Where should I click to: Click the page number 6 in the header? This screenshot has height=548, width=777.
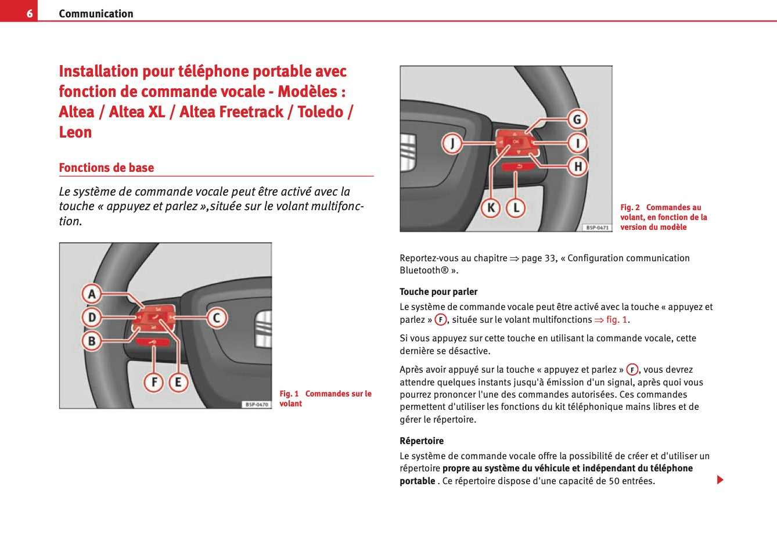click(x=29, y=13)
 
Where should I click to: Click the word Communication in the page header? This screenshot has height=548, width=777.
click(x=96, y=13)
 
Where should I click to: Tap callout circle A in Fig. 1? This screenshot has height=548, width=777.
click(x=92, y=294)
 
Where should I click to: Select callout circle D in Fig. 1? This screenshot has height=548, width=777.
click(x=92, y=318)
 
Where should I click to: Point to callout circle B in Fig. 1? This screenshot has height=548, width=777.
click(x=92, y=341)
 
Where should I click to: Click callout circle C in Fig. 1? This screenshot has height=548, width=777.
click(x=217, y=318)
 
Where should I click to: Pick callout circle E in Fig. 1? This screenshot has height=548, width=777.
click(x=178, y=382)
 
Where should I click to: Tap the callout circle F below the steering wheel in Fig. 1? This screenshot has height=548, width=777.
click(x=154, y=382)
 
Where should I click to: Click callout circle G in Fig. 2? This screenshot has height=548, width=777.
click(x=577, y=120)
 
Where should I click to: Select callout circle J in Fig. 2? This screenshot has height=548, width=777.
click(x=452, y=143)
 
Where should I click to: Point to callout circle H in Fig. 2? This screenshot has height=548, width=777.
click(x=577, y=167)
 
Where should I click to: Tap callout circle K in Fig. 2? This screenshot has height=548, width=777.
click(x=491, y=207)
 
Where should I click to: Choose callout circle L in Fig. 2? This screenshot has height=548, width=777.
click(x=516, y=207)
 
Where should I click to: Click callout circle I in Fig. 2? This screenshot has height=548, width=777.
click(x=577, y=143)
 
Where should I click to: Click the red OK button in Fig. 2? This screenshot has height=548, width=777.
click(x=516, y=142)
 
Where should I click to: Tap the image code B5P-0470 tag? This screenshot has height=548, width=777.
click(x=256, y=404)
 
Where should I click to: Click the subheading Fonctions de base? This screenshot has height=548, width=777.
click(x=106, y=168)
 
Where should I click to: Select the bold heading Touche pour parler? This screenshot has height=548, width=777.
click(x=438, y=292)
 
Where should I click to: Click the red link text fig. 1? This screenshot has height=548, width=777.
click(x=617, y=320)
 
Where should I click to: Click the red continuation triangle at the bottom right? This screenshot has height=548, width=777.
click(x=720, y=480)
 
